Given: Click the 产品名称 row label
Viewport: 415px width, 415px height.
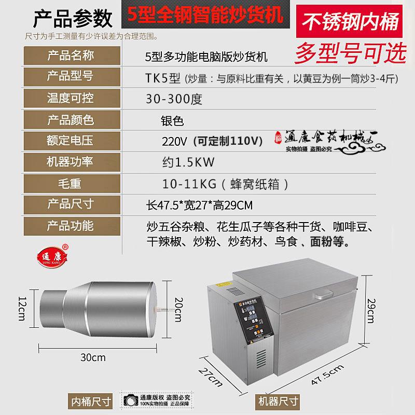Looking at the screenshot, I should (71, 56).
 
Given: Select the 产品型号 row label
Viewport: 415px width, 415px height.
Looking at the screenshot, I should (71, 77).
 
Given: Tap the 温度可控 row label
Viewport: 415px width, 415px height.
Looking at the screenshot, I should (71, 98).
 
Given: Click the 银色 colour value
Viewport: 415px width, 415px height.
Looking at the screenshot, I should (173, 120).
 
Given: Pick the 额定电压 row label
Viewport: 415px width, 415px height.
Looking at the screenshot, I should (71, 141).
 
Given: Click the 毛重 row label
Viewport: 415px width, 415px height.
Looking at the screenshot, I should (71, 183).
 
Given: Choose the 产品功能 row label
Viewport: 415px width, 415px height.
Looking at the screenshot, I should (71, 226).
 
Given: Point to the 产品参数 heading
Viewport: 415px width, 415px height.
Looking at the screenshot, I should (73, 19).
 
